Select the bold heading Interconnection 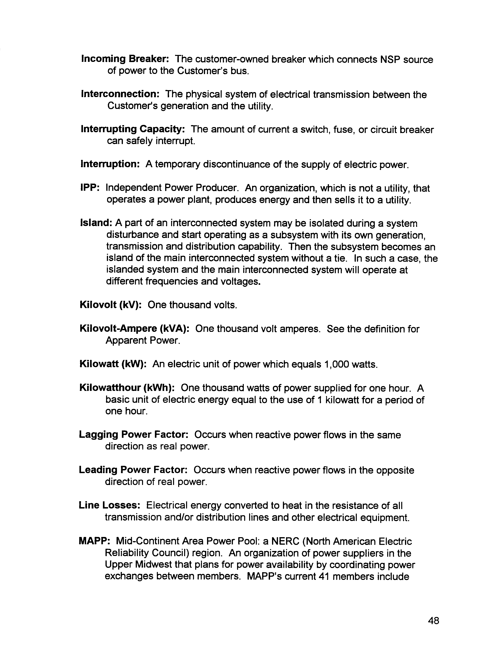(x=120, y=94)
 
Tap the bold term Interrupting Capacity (x=133, y=129)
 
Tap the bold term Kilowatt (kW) (x=113, y=364)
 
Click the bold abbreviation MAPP (x=95, y=541)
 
